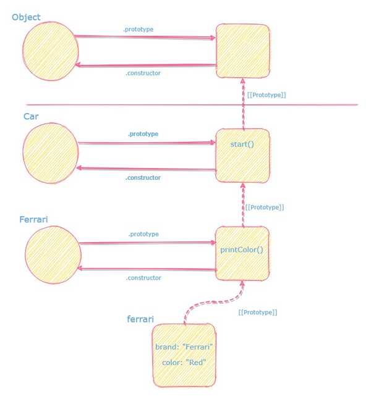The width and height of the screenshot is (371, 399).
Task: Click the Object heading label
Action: [26, 17]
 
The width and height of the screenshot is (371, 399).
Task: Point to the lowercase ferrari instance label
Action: [140, 319]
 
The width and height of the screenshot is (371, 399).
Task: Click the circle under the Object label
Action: [51, 51]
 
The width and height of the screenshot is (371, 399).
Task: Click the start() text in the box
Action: [241, 144]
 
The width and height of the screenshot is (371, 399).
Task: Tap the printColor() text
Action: [242, 250]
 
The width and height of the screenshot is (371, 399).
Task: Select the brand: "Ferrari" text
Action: [184, 347]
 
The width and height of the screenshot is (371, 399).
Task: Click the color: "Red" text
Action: [184, 362]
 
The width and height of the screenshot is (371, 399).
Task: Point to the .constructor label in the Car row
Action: [143, 178]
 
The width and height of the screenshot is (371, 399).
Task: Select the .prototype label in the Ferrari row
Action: [143, 234]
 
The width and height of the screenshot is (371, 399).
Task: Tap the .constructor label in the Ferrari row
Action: [143, 278]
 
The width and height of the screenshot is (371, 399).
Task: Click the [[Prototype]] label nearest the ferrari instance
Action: [257, 313]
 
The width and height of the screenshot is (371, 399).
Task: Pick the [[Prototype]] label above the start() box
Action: [266, 95]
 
